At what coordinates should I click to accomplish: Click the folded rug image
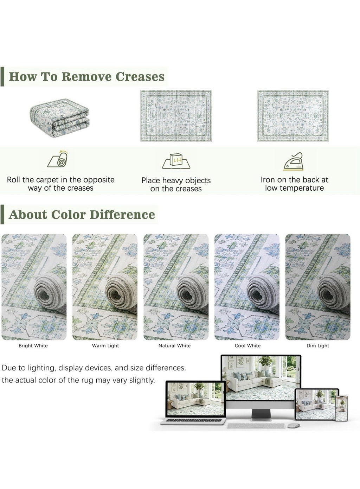pyautogui.click(x=59, y=118)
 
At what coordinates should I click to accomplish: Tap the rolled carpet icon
pyautogui.click(x=58, y=159)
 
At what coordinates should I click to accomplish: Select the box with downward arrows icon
pyautogui.click(x=176, y=161)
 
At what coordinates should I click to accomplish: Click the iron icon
pyautogui.click(x=294, y=161)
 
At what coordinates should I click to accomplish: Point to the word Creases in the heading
pyautogui.click(x=140, y=77)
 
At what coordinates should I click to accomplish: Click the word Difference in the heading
pyautogui.click(x=122, y=215)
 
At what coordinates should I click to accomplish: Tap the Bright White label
pyautogui.click(x=33, y=345)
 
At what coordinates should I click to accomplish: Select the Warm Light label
pyautogui.click(x=105, y=345)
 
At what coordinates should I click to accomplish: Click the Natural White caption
pyautogui.click(x=174, y=345)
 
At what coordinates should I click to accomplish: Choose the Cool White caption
pyautogui.click(x=247, y=345)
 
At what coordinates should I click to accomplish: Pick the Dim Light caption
pyautogui.click(x=318, y=345)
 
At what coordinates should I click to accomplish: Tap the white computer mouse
pyautogui.click(x=294, y=425)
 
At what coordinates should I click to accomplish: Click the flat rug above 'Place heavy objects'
pyautogui.click(x=176, y=115)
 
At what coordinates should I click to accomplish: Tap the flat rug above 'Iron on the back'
pyautogui.click(x=293, y=115)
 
